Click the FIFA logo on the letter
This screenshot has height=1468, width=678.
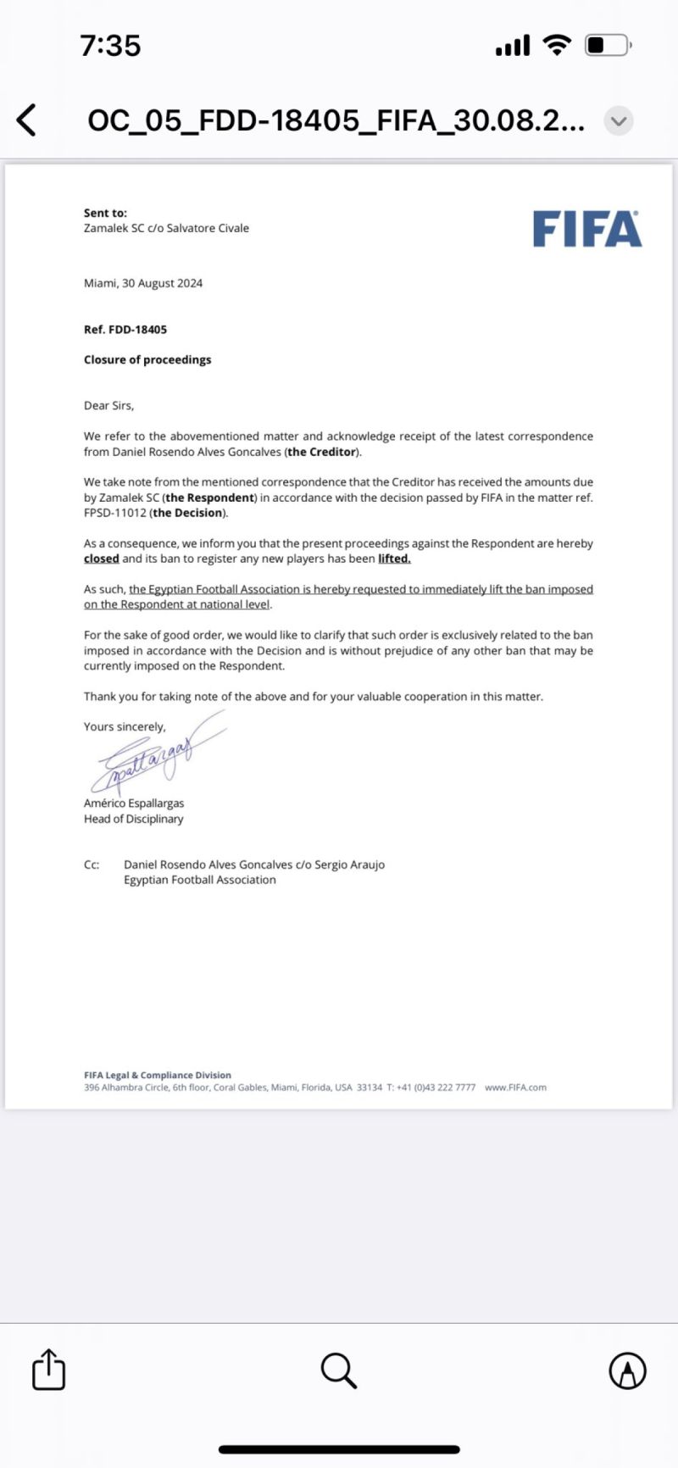pos(586,230)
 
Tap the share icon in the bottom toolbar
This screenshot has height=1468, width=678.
pos(48,1369)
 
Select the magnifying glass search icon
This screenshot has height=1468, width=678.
pos(339,1370)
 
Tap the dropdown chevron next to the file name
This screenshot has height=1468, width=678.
pos(619,120)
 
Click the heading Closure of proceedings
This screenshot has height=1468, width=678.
pos(147,359)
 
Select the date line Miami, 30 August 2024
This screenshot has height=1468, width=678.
pos(143,283)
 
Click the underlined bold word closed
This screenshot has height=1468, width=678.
pos(101,559)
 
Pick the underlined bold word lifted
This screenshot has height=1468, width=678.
pos(394,559)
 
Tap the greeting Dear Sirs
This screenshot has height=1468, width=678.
pos(108,405)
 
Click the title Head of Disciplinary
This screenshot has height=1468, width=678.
pos(133,819)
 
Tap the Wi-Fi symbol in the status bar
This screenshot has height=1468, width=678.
pos(557,45)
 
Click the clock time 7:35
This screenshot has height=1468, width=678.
pos(110,45)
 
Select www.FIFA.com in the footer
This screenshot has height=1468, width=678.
pos(515,1087)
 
